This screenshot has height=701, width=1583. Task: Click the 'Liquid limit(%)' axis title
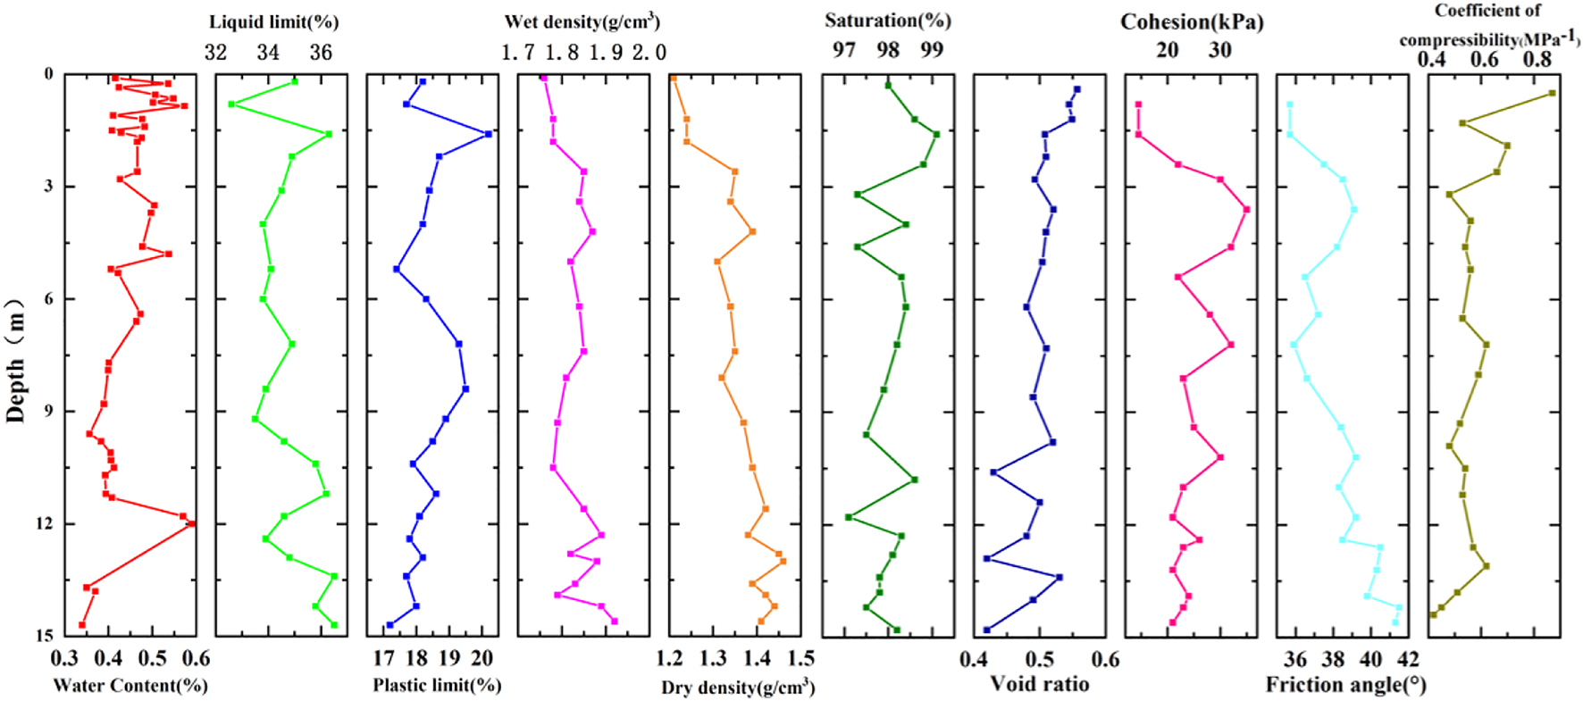[x=273, y=21]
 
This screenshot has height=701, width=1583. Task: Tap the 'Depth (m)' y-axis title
[x=16, y=355]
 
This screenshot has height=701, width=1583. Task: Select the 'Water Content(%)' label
[x=130, y=686]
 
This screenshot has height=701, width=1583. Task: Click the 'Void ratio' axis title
[x=1039, y=685]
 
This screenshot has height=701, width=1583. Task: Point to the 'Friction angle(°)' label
[x=1345, y=685]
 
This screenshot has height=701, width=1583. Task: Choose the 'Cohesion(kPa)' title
[x=1192, y=21]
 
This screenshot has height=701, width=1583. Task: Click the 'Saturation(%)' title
[x=887, y=20]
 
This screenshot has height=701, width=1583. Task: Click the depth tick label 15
[x=44, y=636]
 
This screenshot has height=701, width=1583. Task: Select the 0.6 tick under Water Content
[x=197, y=660]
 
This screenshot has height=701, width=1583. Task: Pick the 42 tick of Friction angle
[x=1408, y=660]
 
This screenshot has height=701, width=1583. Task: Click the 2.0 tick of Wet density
[x=649, y=53]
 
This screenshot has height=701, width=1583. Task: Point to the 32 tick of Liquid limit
[x=215, y=53]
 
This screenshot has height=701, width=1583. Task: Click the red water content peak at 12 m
[x=191, y=524]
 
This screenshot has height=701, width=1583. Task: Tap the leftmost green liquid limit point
[x=231, y=104]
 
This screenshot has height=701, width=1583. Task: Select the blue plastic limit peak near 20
[x=488, y=134]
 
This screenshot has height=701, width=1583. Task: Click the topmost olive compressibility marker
[x=1552, y=93]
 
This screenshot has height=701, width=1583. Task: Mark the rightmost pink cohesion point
[x=1246, y=209]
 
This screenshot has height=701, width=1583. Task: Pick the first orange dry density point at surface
[x=674, y=79]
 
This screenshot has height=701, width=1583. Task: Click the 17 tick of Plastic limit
[x=383, y=660]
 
